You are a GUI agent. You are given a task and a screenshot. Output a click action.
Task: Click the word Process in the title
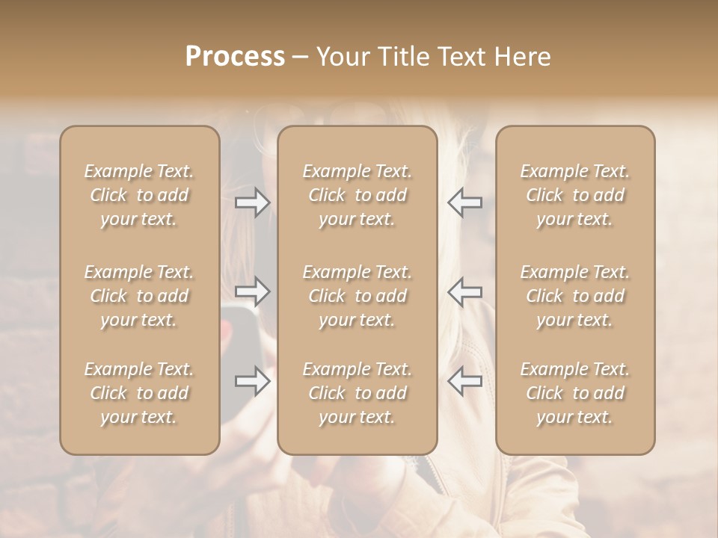[235, 57]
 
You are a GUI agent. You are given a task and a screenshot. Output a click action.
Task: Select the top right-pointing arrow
[253, 202]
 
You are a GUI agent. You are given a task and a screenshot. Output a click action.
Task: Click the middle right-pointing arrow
[253, 291]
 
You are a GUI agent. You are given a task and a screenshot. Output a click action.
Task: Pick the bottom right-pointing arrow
[253, 381]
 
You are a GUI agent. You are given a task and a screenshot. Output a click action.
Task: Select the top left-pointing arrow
[464, 202]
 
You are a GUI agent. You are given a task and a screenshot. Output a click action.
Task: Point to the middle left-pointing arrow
[464, 291]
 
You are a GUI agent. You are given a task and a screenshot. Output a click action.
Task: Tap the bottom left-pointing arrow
[464, 381]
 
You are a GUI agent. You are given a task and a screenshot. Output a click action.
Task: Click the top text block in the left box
[139, 195]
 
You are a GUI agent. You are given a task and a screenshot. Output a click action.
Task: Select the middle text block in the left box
[139, 296]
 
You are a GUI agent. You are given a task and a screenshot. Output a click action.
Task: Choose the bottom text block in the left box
[139, 393]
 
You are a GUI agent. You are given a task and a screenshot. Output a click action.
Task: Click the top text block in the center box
[357, 195]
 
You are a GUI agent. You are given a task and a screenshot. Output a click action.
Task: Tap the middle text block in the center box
[357, 296]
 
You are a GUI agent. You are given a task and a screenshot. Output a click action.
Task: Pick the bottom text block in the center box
[357, 393]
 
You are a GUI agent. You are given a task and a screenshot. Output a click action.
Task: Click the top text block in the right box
[574, 195]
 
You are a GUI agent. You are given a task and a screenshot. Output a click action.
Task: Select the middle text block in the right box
[574, 296]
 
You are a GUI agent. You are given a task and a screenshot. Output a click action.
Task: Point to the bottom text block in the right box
[574, 393]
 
